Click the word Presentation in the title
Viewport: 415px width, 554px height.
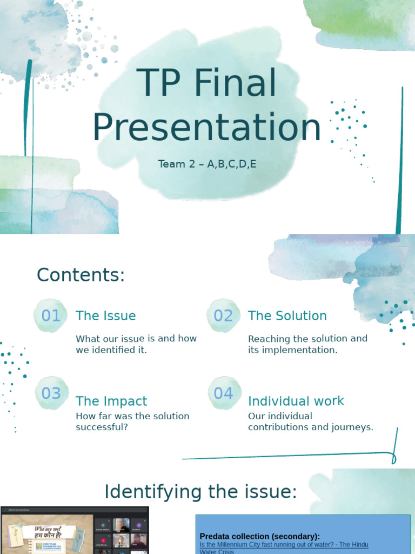pos(207,128)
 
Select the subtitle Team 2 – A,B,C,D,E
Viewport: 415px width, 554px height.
pos(207,164)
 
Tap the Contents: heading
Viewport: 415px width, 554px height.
pos(81,275)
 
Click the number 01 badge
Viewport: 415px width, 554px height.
pos(51,315)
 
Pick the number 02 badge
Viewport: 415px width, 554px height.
pos(223,315)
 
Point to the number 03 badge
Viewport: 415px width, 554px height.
pos(51,393)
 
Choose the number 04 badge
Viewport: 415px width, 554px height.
pos(223,393)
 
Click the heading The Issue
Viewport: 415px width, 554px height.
pos(106,316)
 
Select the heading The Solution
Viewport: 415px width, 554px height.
pos(287,316)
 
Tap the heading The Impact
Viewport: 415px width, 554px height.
pos(111,401)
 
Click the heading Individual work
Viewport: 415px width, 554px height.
pos(296,401)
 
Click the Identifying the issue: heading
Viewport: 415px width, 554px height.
pos(201,492)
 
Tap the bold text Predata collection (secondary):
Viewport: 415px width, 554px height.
pos(260,536)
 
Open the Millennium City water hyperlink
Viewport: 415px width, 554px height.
pos(284,545)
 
